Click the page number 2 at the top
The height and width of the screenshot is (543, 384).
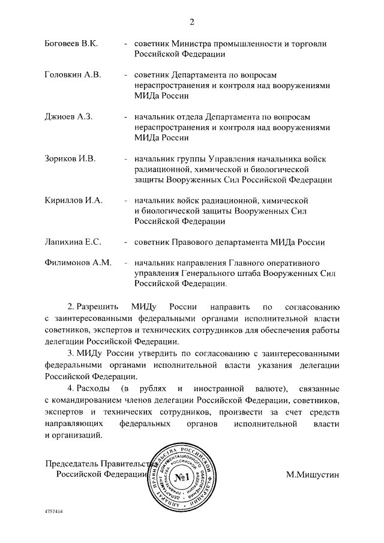192,22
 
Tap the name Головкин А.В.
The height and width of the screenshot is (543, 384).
73,75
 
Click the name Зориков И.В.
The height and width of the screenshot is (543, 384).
70,159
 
